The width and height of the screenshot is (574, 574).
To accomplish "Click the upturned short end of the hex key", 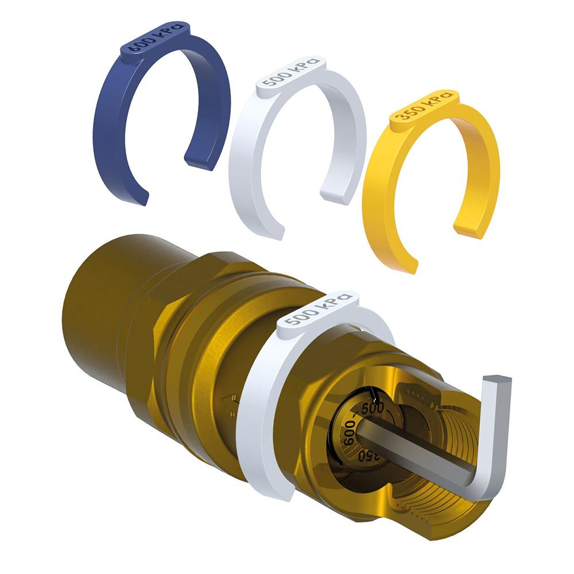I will tap(497, 383).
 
